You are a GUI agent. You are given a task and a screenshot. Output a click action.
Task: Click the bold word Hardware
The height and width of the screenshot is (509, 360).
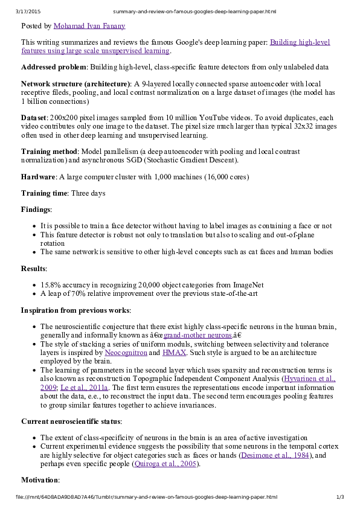39,176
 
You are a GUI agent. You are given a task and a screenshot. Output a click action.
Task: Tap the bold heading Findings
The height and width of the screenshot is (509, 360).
36,210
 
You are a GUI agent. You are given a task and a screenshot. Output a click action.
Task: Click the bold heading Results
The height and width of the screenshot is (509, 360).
34,267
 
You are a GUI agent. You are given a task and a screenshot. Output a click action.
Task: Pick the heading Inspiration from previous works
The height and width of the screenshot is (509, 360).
75,310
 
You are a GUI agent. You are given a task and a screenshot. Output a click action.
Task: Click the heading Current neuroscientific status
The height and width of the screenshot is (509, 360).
71,421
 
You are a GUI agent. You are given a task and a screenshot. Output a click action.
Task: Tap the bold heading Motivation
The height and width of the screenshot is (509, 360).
40,480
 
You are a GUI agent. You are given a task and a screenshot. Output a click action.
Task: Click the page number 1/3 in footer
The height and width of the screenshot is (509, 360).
340,497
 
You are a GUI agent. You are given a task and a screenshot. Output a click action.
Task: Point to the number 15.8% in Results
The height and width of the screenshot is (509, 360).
50,284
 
